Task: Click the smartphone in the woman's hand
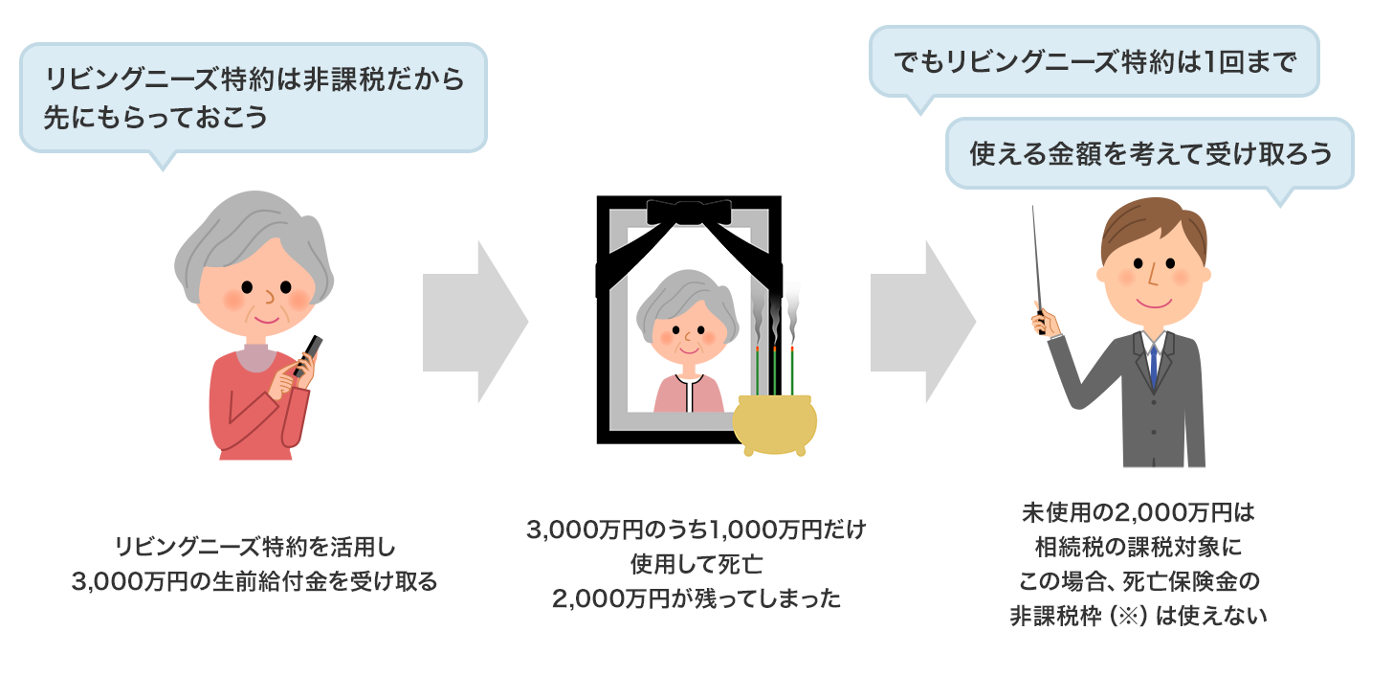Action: click(310, 356)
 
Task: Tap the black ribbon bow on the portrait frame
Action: click(689, 212)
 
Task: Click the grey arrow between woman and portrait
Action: click(475, 322)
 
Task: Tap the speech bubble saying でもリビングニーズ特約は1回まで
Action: click(1094, 63)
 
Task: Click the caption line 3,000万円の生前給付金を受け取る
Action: click(254, 580)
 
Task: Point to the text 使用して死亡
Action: click(696, 563)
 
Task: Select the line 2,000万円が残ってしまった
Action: click(696, 599)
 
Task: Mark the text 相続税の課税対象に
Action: click(1138, 547)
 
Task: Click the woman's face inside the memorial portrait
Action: click(688, 335)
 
